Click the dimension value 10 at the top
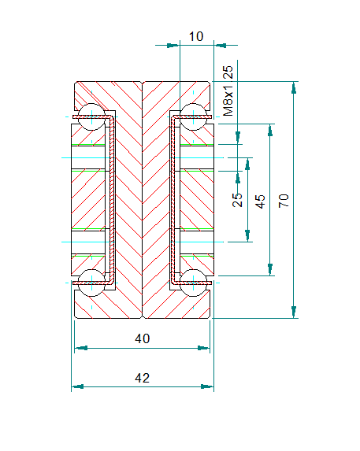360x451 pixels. click(x=196, y=36)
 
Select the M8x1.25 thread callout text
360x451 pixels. click(x=228, y=91)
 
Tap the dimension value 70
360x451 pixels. click(x=284, y=201)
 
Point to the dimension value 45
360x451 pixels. click(x=260, y=201)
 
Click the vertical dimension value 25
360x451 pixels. click(x=237, y=200)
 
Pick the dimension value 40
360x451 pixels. click(x=142, y=338)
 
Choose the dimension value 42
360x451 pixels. click(x=142, y=378)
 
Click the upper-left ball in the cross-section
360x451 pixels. click(x=92, y=116)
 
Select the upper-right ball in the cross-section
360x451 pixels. click(x=193, y=116)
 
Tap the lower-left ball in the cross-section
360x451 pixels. click(x=92, y=283)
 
